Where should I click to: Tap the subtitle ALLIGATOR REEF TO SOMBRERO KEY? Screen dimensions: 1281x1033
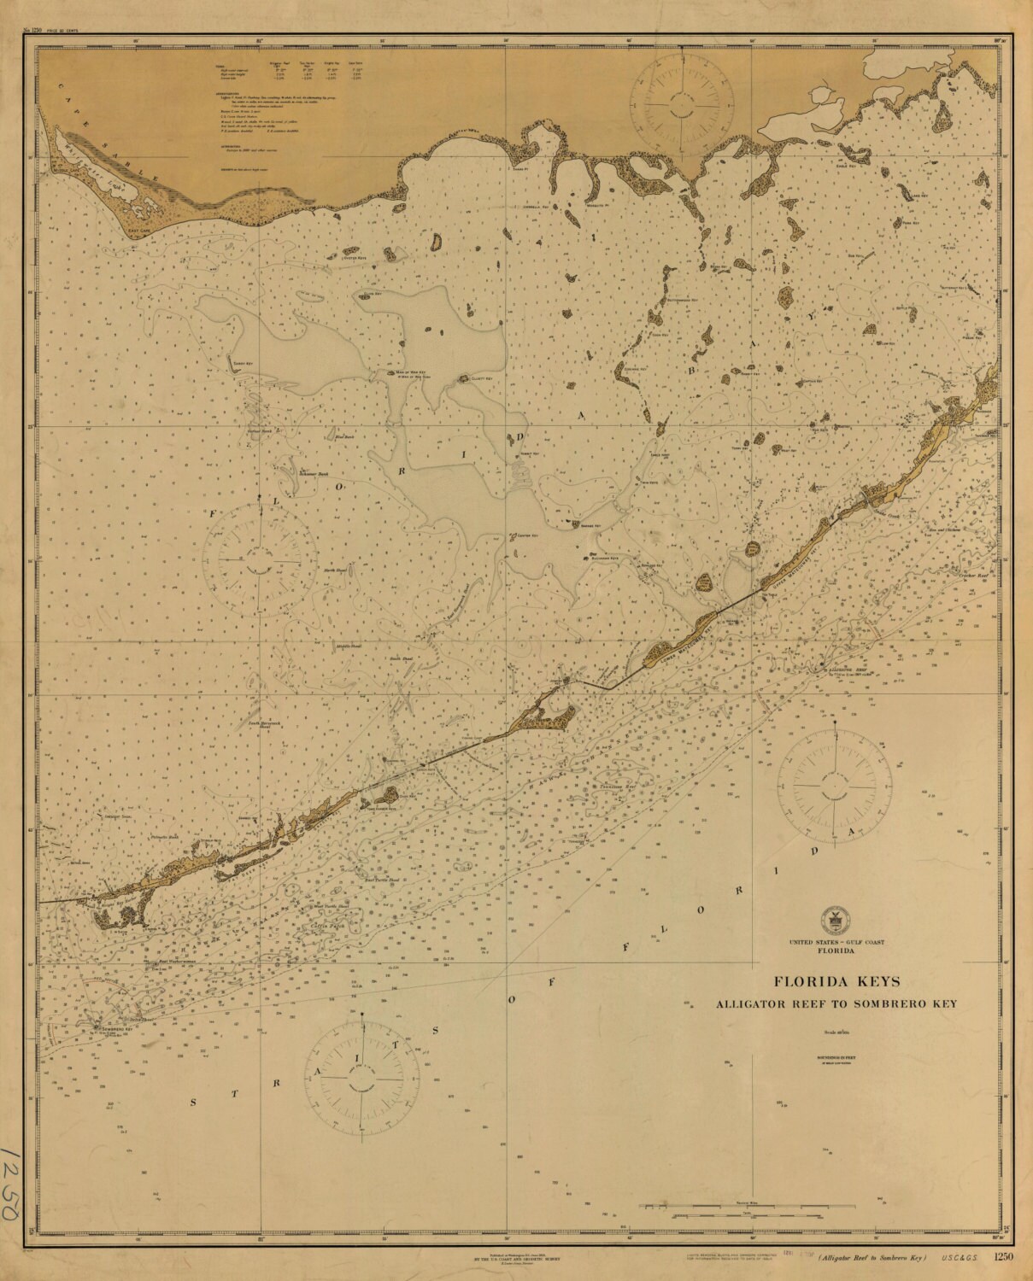coord(836,1003)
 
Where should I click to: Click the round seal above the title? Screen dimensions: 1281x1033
coord(829,919)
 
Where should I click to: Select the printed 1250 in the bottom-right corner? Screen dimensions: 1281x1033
coord(1005,1255)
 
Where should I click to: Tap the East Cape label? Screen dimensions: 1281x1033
coord(138,231)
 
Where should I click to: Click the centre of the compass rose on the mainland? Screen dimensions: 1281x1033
coord(681,104)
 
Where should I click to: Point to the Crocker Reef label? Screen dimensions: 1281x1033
coord(974,576)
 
